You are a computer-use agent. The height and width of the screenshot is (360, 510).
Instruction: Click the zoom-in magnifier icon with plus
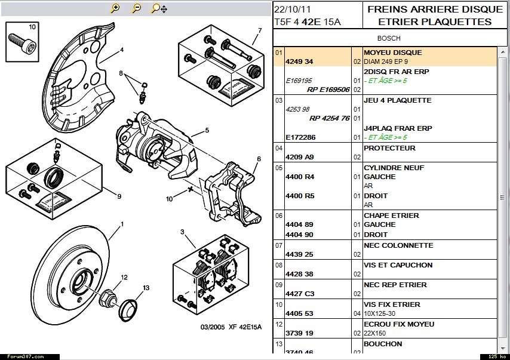115,8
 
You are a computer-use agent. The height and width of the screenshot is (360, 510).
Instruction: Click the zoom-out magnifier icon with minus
136,8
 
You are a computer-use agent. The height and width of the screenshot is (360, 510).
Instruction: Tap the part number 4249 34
299,61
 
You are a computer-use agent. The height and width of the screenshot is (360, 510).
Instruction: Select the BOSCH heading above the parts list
389,38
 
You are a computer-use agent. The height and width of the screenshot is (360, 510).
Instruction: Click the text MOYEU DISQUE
393,53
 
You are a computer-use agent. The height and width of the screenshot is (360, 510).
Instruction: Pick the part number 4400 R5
300,196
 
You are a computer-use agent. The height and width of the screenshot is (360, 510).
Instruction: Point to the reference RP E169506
328,90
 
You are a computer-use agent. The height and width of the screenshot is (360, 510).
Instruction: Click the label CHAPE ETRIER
392,216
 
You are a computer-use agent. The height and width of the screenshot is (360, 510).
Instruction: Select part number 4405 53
299,313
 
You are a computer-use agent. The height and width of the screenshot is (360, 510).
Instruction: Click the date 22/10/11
293,9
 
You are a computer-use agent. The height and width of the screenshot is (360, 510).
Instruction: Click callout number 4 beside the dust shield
122,50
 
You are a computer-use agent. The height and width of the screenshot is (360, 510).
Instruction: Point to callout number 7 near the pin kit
260,30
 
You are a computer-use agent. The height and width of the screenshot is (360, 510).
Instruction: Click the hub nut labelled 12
107,297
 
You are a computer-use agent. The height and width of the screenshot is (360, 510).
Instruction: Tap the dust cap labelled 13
128,310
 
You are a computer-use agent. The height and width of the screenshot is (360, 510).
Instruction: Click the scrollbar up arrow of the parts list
503,52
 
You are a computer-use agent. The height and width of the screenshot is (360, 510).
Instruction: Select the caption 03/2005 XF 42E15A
231,327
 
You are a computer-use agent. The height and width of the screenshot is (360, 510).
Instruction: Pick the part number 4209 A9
300,157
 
